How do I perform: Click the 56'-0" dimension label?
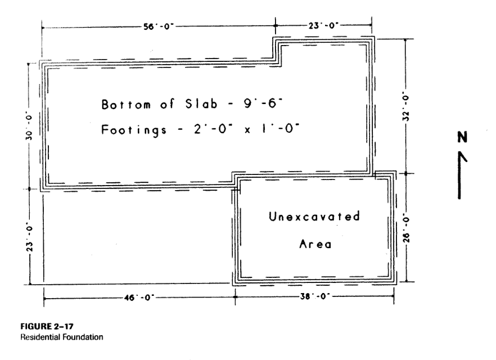point(159,26)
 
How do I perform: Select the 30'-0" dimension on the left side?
point(29,125)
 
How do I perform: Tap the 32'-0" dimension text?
point(406,106)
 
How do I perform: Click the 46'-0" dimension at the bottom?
point(139,298)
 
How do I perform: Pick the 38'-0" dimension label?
point(315,296)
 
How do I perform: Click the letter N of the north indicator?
point(462,137)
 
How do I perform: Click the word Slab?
point(201,103)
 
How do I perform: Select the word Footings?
point(134,130)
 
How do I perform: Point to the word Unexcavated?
point(314,217)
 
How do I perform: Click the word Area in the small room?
point(315,244)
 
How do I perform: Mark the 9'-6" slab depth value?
point(263,103)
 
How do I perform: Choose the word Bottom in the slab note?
point(126,104)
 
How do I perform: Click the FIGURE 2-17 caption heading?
point(47,326)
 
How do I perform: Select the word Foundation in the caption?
point(83,337)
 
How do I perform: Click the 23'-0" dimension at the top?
point(323,25)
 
